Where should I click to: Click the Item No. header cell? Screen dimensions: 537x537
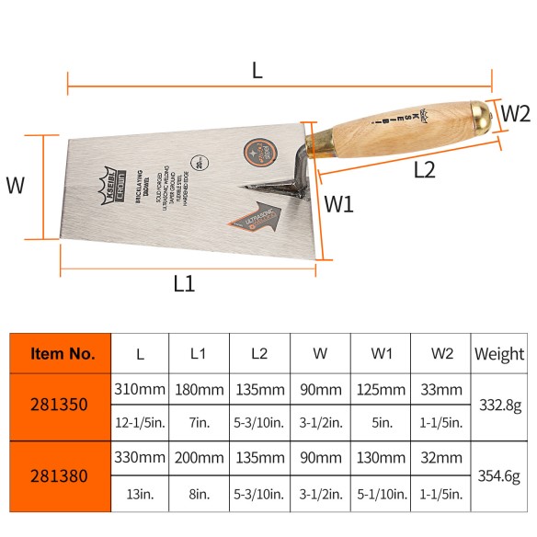pos(62,353)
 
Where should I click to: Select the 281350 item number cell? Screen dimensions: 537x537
pos(62,405)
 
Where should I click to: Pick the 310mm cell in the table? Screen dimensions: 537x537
pos(140,389)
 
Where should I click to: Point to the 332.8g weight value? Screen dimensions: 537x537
pos(499,405)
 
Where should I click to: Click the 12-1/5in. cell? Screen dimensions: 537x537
pos(140,424)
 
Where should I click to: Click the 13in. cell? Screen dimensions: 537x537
pos(140,495)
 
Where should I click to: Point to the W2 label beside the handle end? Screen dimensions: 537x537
pos(515,115)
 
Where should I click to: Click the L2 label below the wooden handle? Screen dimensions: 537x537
pos(424,169)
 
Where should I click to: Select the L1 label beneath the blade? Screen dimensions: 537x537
pos(184,283)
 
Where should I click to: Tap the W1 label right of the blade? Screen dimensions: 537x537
pos(340,204)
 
